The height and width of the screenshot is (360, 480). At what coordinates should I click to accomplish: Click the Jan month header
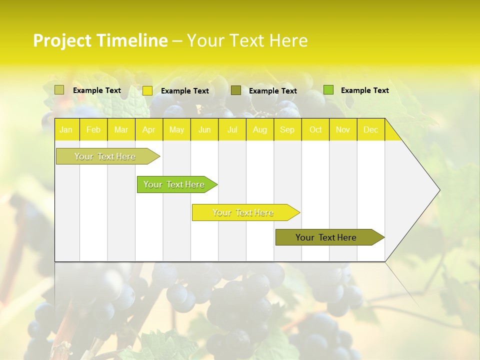(66, 130)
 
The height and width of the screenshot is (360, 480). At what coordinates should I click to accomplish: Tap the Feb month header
(93, 130)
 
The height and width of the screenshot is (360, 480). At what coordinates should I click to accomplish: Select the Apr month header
(149, 130)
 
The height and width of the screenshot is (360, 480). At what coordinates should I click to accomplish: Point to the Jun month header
(204, 130)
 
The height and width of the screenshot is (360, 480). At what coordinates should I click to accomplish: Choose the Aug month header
(260, 130)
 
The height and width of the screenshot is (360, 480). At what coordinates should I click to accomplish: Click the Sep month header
(287, 130)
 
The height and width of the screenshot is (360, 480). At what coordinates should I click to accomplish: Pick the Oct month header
(315, 130)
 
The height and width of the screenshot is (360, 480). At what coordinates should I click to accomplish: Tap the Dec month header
(371, 130)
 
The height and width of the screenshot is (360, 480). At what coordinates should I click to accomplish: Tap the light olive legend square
(59, 90)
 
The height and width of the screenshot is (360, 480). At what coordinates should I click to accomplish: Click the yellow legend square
(147, 90)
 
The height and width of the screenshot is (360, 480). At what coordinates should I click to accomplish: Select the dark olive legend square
(236, 90)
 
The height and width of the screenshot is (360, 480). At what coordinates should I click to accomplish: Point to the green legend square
(328, 90)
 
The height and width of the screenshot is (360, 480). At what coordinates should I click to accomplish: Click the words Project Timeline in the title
(100, 40)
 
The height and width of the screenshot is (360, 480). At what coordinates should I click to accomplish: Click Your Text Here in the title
(247, 40)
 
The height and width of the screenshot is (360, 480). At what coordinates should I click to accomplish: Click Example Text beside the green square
(364, 90)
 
